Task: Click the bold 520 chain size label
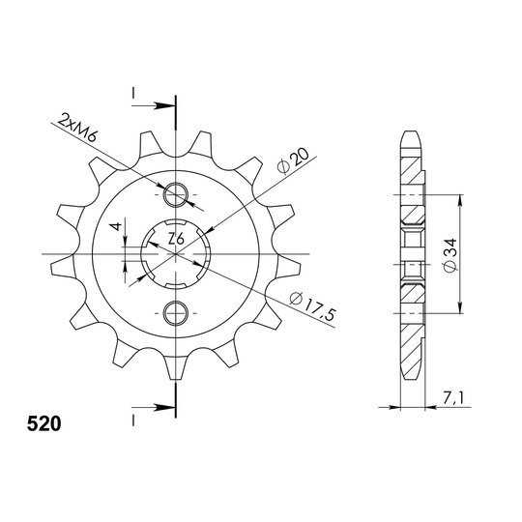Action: tap(44, 424)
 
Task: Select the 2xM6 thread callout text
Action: tap(77, 128)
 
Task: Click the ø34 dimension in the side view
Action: tap(451, 254)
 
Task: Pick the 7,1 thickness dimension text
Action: tap(452, 397)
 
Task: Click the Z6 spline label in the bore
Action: tap(176, 239)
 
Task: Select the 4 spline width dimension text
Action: tap(117, 227)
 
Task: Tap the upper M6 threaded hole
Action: tap(175, 194)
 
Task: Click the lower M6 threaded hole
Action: tap(175, 313)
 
